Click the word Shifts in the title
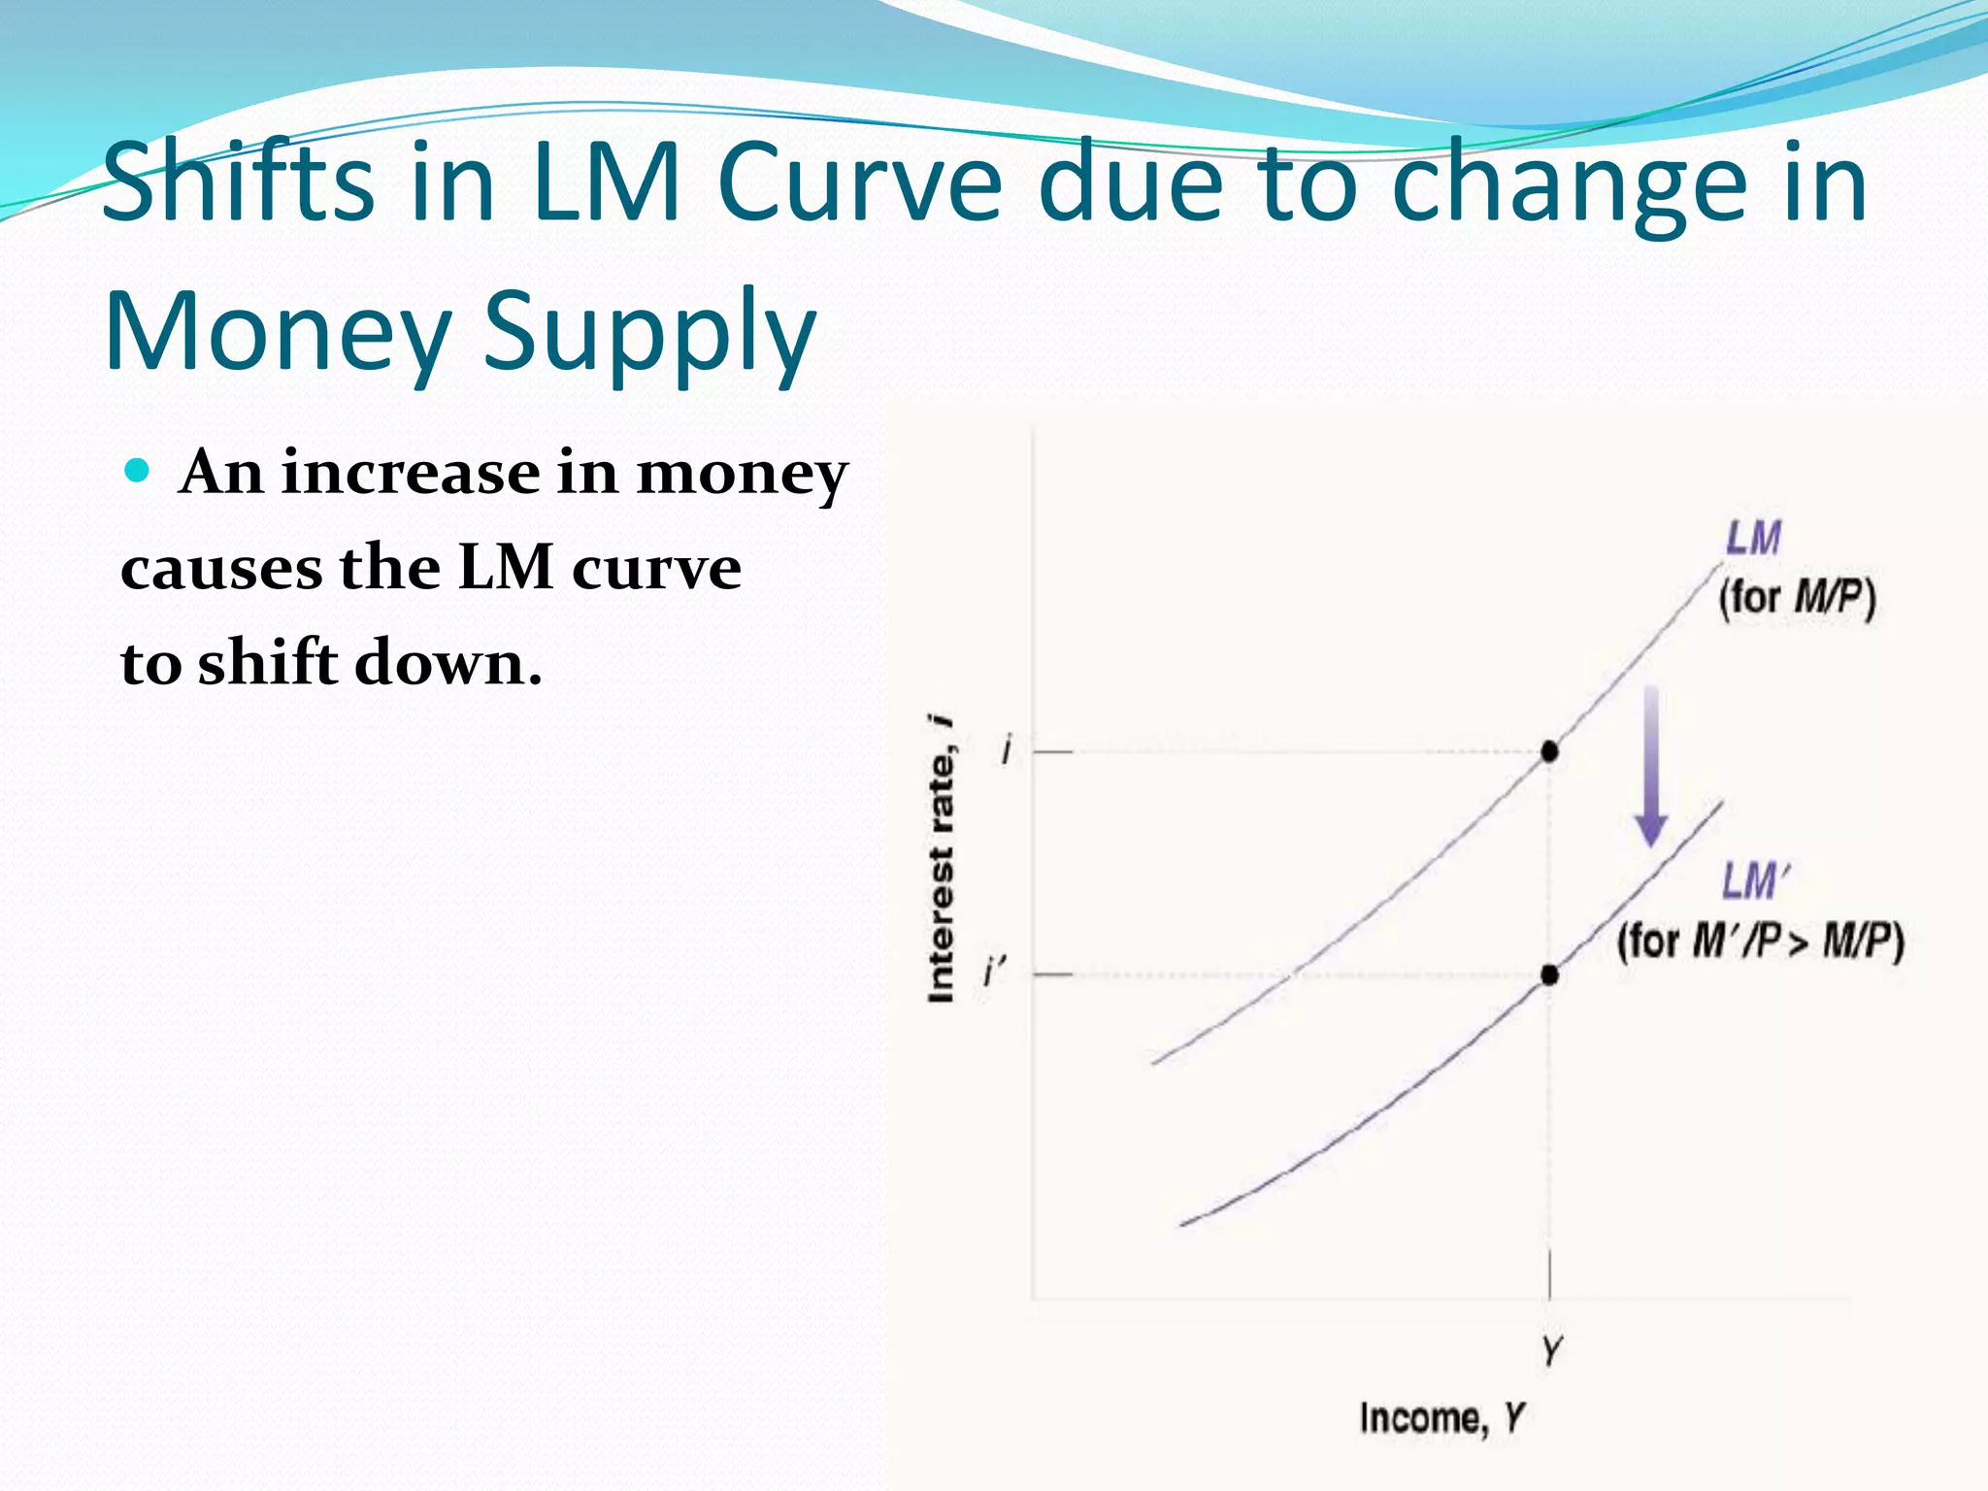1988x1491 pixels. (x=238, y=182)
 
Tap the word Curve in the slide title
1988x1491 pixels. (x=859, y=182)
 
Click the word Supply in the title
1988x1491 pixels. (x=649, y=333)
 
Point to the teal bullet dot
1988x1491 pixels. (x=138, y=472)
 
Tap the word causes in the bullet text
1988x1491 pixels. (x=222, y=569)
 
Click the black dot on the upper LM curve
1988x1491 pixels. (x=1549, y=751)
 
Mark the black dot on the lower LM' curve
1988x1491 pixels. (x=1549, y=974)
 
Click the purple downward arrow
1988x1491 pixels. (x=1650, y=767)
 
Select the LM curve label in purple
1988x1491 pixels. (x=1753, y=539)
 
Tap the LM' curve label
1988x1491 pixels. (x=1755, y=881)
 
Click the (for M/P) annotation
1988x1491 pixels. (x=1797, y=597)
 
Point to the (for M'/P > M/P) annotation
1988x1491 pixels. (x=1760, y=941)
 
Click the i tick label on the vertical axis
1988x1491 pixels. (x=1007, y=750)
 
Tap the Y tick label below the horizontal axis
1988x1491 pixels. (x=1551, y=1349)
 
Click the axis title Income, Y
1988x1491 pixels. (x=1441, y=1418)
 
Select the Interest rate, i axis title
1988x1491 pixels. (x=942, y=859)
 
